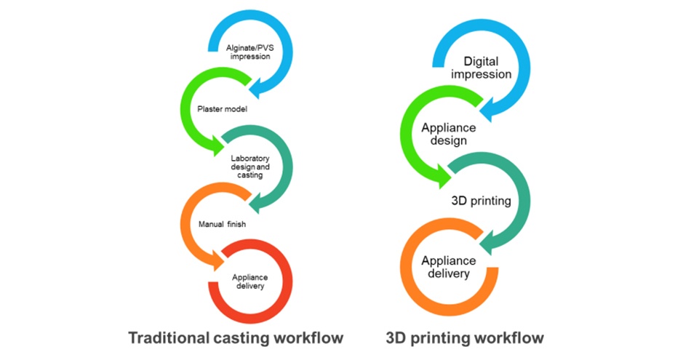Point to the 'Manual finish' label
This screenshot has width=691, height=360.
pos(222,224)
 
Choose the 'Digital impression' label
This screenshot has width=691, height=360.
pos(482,68)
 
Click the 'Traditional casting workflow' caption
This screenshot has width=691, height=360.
pos(236,338)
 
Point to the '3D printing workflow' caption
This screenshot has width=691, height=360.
pos(466,338)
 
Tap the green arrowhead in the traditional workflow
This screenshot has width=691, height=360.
pos(217,148)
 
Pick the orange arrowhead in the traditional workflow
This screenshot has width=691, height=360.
pos(217,260)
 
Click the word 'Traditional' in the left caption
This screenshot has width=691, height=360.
pos(164,338)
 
